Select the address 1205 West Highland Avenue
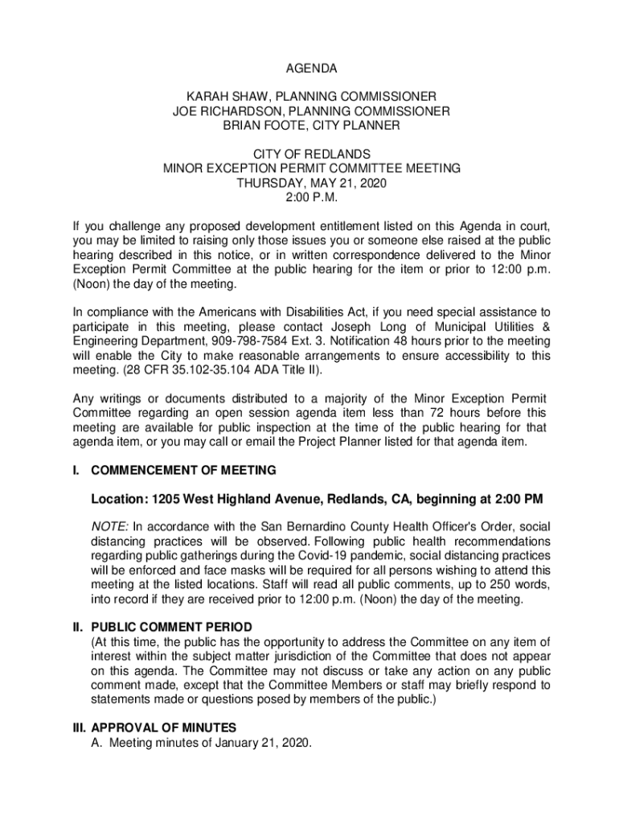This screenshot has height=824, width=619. coord(228,499)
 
